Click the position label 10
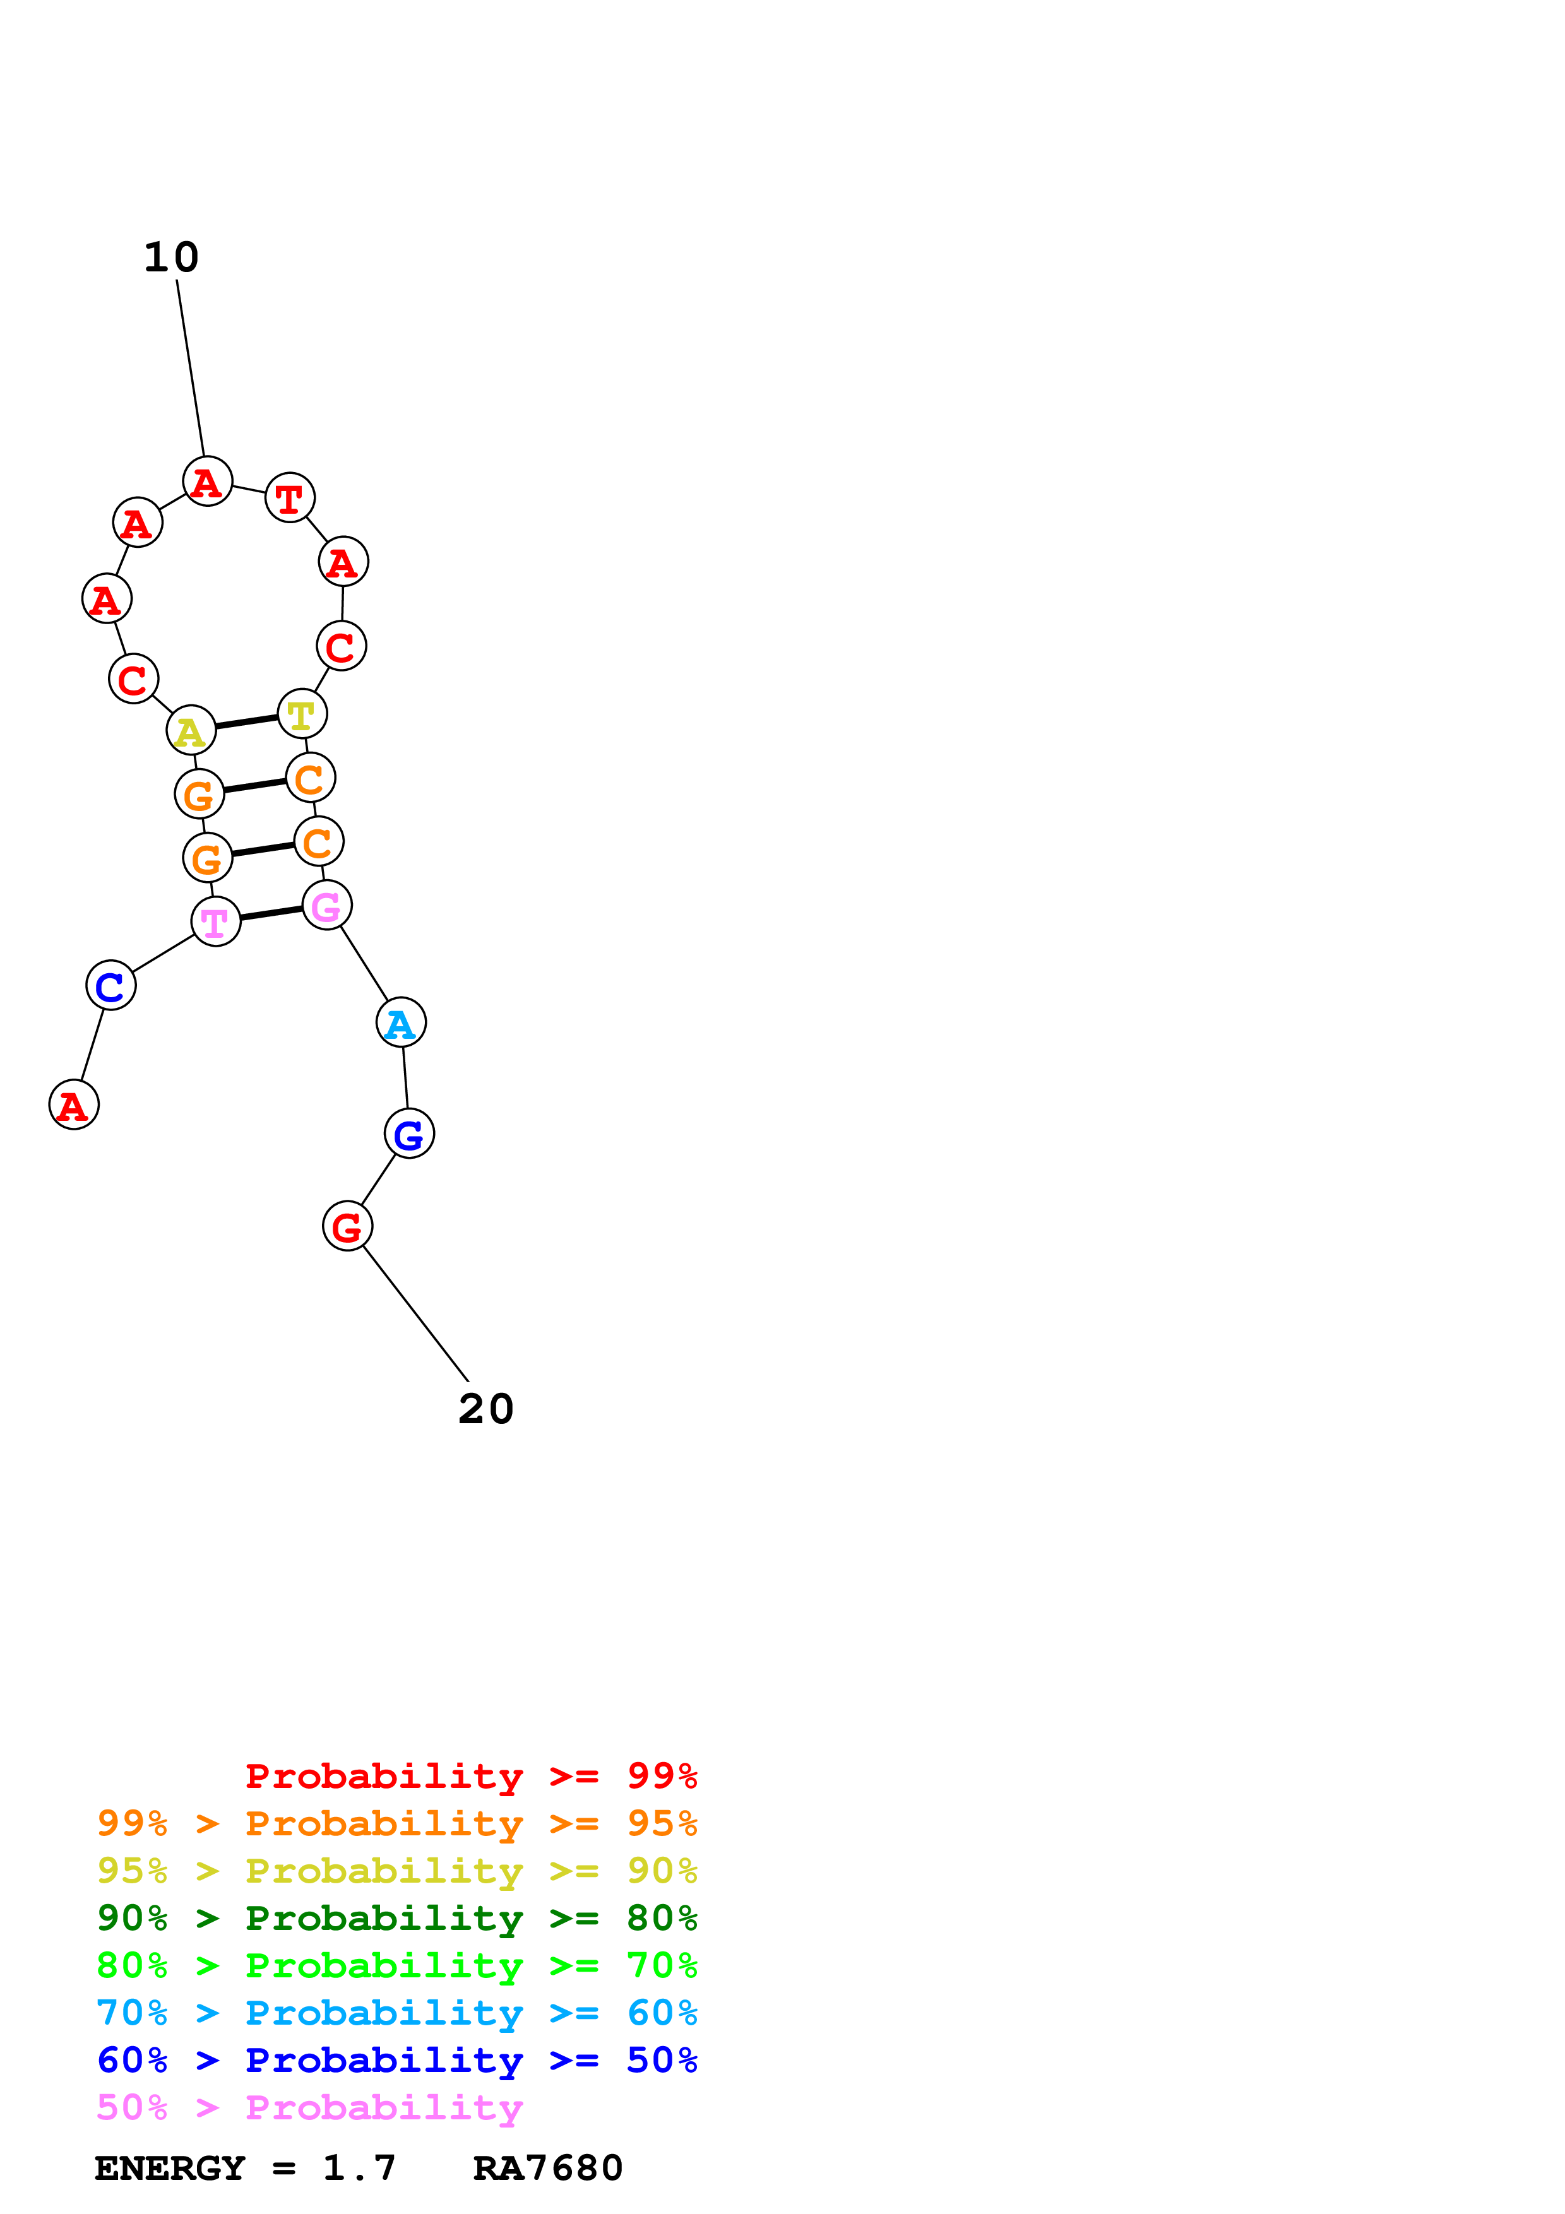[x=172, y=258]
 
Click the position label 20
[x=486, y=1409]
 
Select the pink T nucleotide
[x=216, y=922]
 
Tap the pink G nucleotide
[x=327, y=906]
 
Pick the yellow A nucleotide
[x=191, y=731]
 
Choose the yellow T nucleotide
[x=302, y=714]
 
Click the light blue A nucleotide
[x=401, y=1023]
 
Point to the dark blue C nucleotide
[x=111, y=985]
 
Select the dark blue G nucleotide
[x=409, y=1134]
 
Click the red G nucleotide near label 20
[x=347, y=1226]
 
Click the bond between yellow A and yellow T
[x=247, y=722]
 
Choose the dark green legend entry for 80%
[x=397, y=1918]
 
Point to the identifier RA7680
[x=548, y=2169]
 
